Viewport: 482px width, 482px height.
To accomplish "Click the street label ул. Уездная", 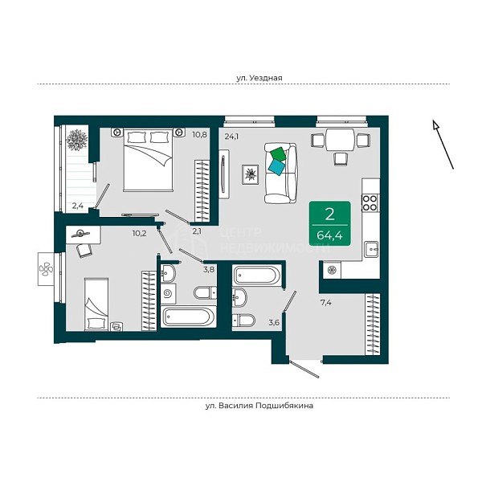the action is click(x=259, y=78).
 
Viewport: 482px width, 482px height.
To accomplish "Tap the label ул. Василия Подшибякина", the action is click(x=259, y=406).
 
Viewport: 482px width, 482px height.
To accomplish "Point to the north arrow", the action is click(x=443, y=145).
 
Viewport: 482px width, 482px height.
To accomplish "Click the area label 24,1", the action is click(x=231, y=137).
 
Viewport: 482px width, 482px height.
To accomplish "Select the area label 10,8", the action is click(x=200, y=135).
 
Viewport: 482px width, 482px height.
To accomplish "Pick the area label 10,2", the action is click(x=139, y=234).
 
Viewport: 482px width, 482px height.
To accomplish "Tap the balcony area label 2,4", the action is click(x=78, y=206).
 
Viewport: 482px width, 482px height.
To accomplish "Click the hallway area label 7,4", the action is click(x=326, y=303).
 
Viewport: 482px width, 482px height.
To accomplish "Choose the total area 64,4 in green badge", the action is click(x=329, y=235).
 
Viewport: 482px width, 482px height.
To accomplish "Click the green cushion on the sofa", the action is click(x=278, y=153).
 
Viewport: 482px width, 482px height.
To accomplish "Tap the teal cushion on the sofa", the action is click(x=277, y=167).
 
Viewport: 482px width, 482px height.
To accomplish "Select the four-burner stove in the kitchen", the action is click(x=370, y=203).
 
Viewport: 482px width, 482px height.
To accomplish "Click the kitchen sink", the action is click(x=371, y=249).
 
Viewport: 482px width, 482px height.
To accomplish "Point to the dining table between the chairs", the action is click(x=340, y=140).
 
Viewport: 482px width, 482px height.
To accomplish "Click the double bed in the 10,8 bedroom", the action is click(x=148, y=160).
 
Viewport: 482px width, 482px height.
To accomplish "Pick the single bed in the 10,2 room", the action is click(x=96, y=304).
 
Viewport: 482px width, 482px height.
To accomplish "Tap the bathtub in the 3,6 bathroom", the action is click(x=257, y=275).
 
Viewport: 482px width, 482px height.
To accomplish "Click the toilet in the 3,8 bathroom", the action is click(x=205, y=292).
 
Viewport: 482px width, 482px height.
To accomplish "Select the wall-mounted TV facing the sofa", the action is click(x=223, y=174).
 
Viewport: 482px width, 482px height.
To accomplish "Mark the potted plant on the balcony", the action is click(x=76, y=140).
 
